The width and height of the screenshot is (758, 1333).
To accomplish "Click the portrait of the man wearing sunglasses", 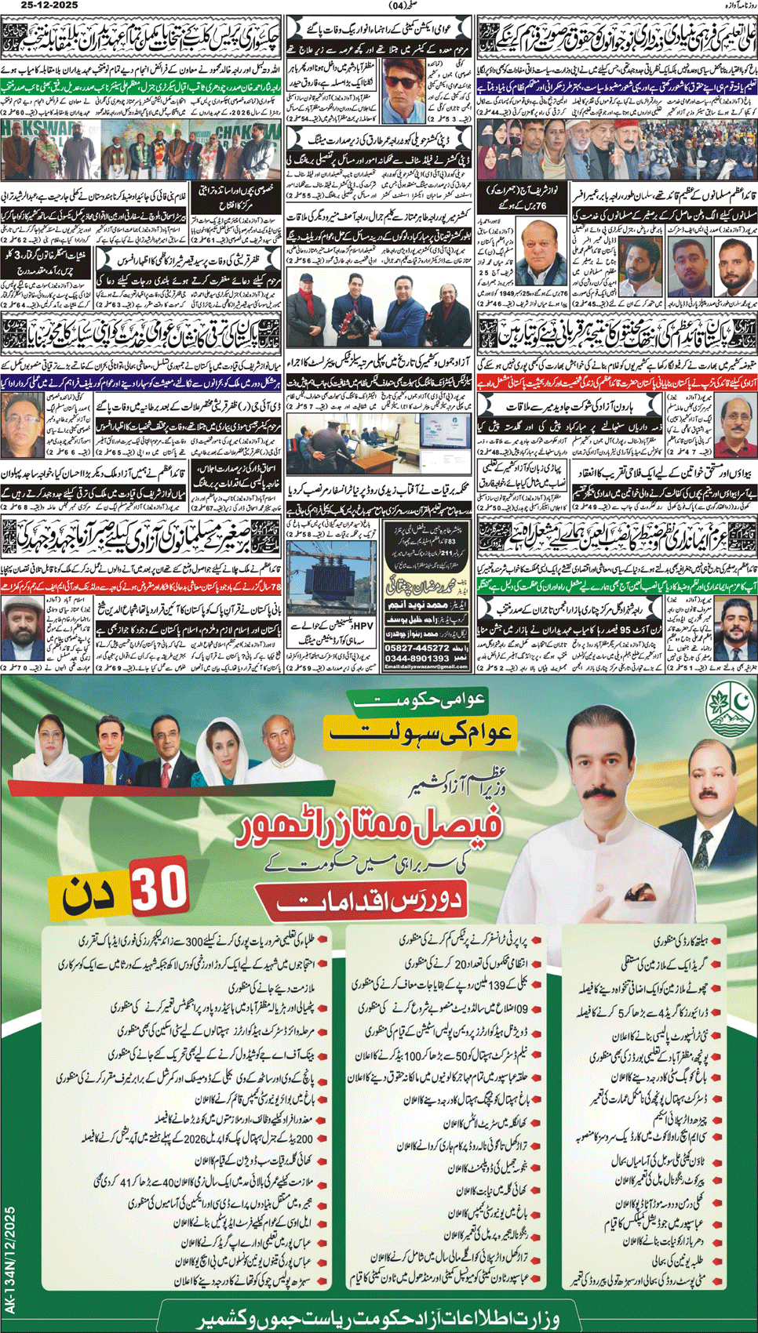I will coord(405,89).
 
